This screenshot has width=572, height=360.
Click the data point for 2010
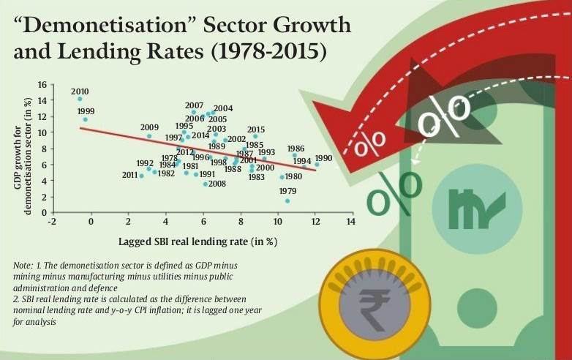(x=79, y=99)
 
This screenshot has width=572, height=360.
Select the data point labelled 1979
(x=287, y=200)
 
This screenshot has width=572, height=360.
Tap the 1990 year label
(x=323, y=158)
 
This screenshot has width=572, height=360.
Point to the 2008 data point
(x=206, y=184)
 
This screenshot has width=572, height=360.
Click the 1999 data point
(x=85, y=119)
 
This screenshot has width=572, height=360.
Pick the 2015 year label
(x=256, y=130)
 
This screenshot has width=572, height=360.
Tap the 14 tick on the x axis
(x=352, y=221)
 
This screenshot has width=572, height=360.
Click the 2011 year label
(x=129, y=176)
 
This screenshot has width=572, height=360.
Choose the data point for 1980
(x=282, y=177)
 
